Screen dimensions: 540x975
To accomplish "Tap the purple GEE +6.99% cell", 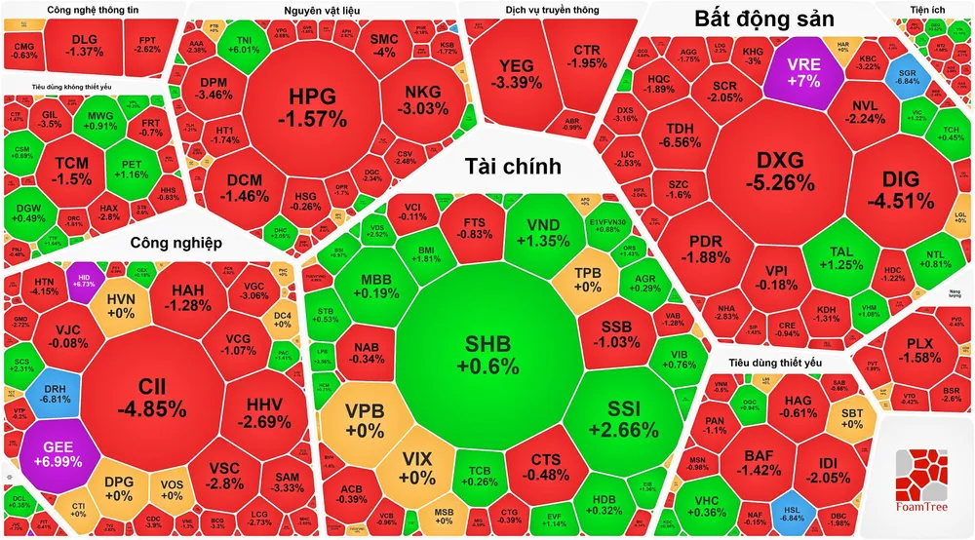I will (x=58, y=453).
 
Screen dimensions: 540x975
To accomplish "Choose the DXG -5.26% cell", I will (x=786, y=171).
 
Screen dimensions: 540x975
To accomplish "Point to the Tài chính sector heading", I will (x=513, y=166).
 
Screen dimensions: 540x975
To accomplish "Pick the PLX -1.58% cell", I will (x=920, y=351).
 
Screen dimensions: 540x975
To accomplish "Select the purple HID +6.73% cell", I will (x=84, y=280).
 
